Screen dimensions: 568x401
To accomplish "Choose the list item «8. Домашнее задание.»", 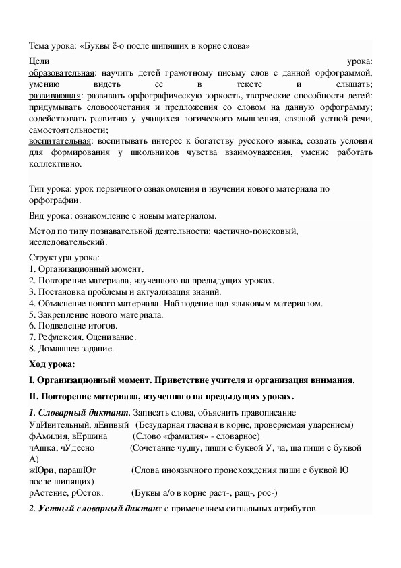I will click(72, 349).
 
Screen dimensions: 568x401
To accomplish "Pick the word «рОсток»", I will click(88, 493).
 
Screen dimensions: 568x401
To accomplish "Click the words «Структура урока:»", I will click(64, 257).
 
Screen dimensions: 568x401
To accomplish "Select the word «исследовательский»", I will click(67, 241).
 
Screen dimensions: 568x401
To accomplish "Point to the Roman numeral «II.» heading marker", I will click(35, 396).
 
